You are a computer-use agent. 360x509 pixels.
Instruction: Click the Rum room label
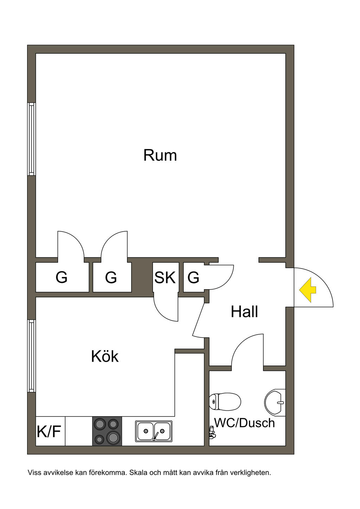pos(160,155)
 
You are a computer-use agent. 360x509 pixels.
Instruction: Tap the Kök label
pos(105,356)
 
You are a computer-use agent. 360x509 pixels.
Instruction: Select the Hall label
pos(244,311)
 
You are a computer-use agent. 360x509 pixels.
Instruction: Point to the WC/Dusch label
pos(245,423)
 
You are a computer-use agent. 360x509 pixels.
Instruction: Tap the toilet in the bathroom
pos(225,401)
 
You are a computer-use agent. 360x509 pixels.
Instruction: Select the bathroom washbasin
pos(276,402)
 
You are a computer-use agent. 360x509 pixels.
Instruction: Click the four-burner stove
pos(107,431)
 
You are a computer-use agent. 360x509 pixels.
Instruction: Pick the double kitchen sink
pos(154,431)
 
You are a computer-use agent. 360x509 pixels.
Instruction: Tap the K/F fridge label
pos(49,432)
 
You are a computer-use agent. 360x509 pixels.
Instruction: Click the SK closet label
pos(165,277)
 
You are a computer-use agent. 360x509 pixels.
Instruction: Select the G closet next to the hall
pos(193,278)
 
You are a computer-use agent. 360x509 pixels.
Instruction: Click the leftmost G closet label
pos(62,278)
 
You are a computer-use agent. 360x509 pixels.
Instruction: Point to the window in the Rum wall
pos(32,139)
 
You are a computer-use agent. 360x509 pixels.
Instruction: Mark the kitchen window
pos(32,356)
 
